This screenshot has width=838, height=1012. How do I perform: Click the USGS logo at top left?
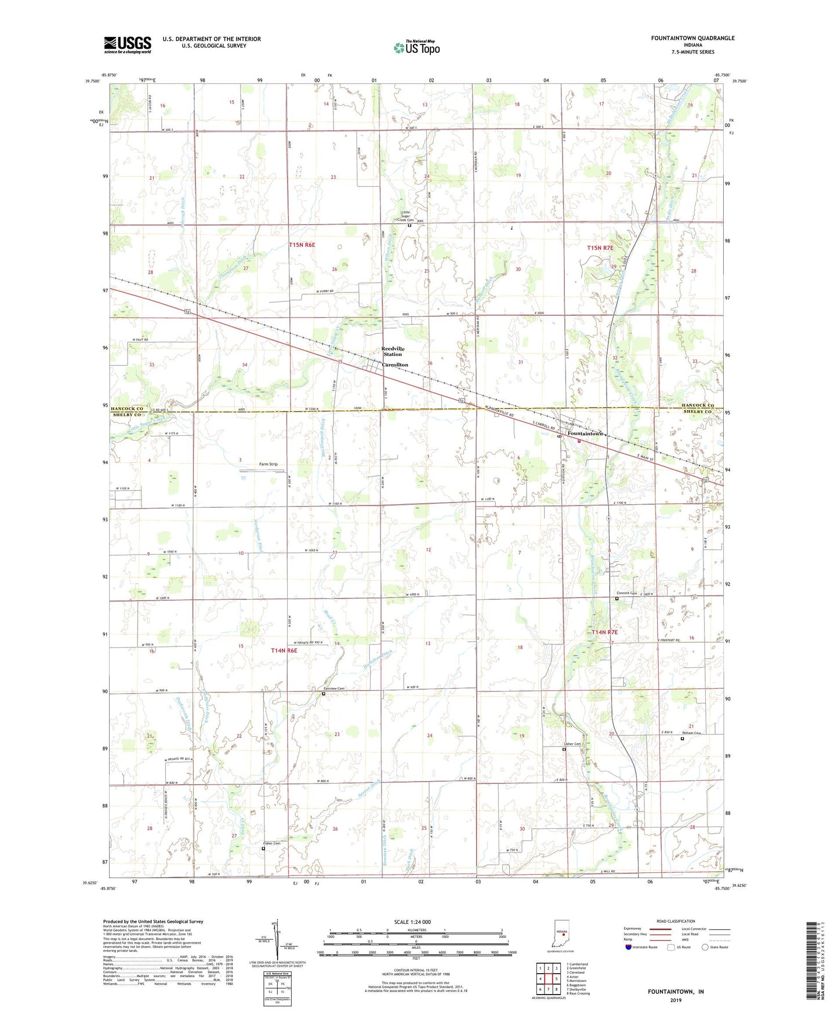pyautogui.click(x=127, y=44)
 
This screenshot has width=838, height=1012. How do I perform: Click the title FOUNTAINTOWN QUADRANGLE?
pyautogui.click(x=692, y=38)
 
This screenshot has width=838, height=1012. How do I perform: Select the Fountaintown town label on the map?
pyautogui.click(x=585, y=434)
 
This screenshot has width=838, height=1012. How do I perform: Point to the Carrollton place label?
pyautogui.click(x=394, y=365)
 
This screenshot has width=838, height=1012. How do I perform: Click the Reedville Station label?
pyautogui.click(x=393, y=351)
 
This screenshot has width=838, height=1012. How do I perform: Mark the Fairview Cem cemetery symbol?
pyautogui.click(x=324, y=693)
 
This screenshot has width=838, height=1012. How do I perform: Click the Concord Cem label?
pyautogui.click(x=626, y=593)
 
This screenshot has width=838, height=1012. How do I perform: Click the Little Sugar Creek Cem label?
pyautogui.click(x=405, y=216)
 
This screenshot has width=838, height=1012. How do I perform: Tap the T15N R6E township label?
pyautogui.click(x=302, y=245)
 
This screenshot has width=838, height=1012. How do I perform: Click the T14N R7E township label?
pyautogui.click(x=604, y=632)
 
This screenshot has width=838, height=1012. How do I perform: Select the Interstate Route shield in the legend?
pyautogui.click(x=629, y=947)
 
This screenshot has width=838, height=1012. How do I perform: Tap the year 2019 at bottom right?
pyautogui.click(x=675, y=1000)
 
